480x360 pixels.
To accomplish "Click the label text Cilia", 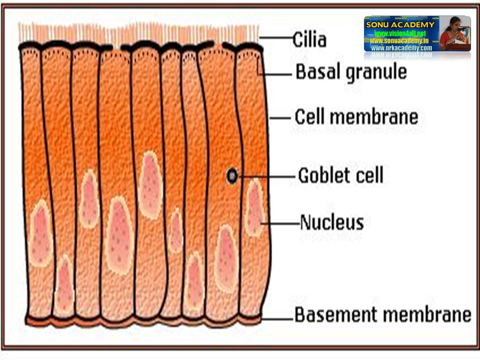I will click(309, 39).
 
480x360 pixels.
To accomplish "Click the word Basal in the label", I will click(316, 72).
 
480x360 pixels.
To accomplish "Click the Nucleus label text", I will click(331, 222).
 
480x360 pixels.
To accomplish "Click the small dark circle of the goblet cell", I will click(232, 175).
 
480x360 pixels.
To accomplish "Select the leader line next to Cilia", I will click(274, 38).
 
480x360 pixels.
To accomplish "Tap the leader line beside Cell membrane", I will click(280, 118).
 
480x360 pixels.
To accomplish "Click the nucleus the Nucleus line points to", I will click(254, 207).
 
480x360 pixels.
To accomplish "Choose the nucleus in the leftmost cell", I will click(40, 232).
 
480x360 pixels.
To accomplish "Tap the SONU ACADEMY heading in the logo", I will click(400, 24).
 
